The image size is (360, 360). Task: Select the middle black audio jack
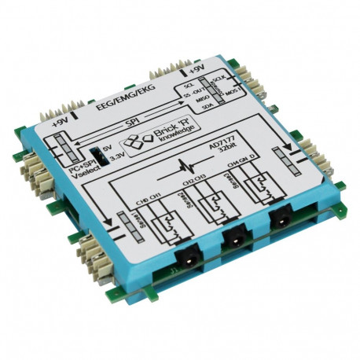[233, 236]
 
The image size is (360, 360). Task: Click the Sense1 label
[123, 225]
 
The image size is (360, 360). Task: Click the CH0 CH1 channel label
[149, 197]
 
